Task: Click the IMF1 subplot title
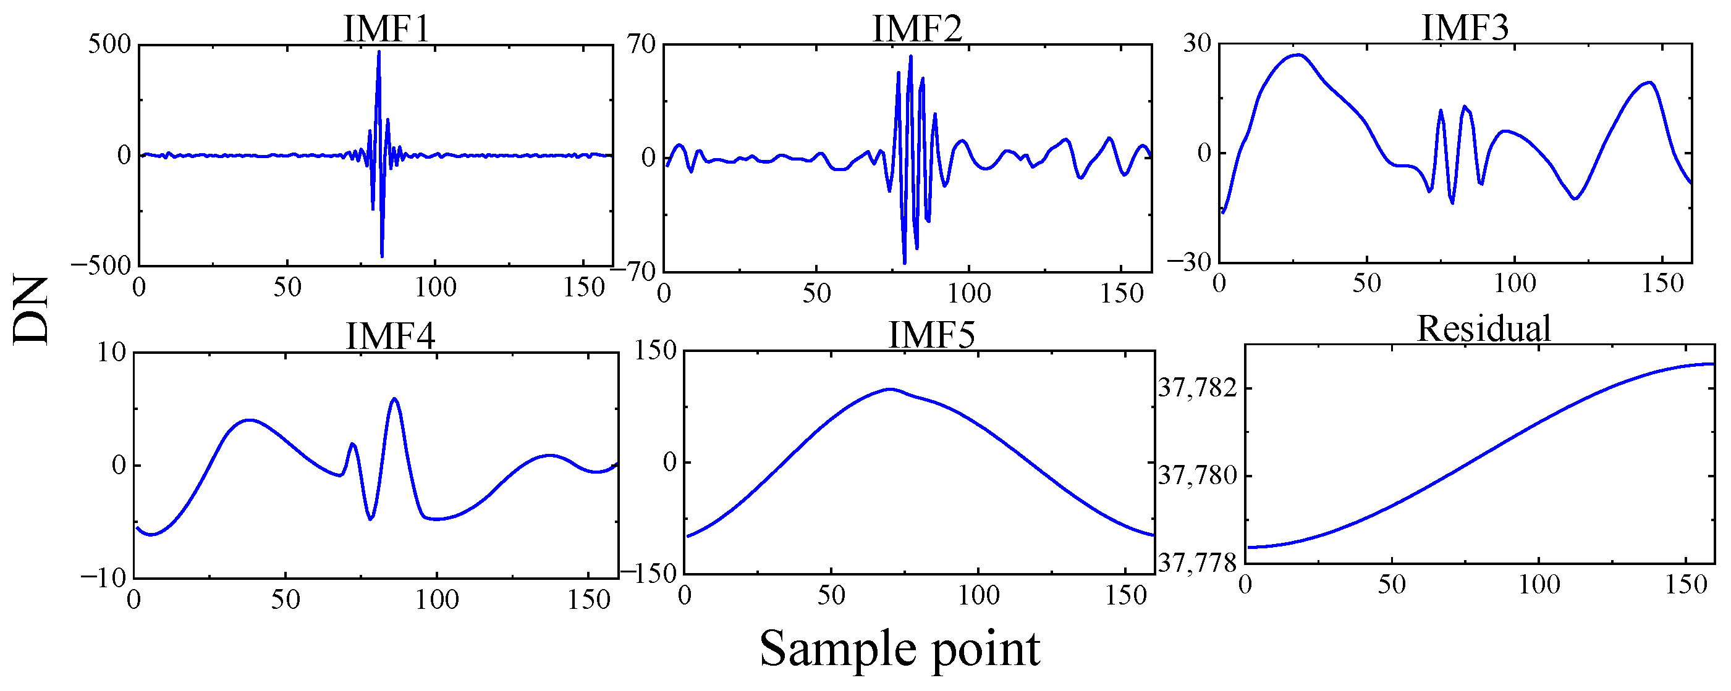coord(386,29)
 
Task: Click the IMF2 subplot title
coord(917,29)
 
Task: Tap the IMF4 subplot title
coord(391,335)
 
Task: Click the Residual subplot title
coord(1484,329)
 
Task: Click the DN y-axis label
coord(31,310)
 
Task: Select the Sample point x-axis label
coord(900,648)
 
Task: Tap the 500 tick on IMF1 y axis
coord(109,44)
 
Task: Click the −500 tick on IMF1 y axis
coord(101,266)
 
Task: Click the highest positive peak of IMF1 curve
coord(379,52)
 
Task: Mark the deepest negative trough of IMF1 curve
coord(382,256)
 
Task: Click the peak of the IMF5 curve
coord(891,389)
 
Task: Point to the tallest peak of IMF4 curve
coord(394,399)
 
